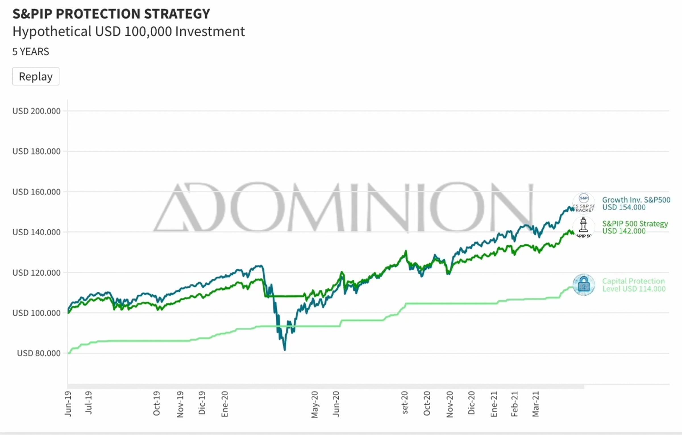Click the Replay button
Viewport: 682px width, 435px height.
[36, 76]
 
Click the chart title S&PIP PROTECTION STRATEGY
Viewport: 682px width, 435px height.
[111, 14]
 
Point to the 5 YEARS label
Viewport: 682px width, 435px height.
[31, 51]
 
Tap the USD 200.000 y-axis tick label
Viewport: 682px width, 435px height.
[36, 111]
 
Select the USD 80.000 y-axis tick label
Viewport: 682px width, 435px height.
[39, 353]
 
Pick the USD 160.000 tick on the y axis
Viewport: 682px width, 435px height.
[36, 192]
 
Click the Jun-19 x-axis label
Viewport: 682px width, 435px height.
[68, 404]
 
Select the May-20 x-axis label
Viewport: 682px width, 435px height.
[315, 404]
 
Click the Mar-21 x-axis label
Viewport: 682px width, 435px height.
[536, 404]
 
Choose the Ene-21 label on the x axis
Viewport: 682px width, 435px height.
[494, 404]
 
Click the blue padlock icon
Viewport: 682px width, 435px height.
[584, 285]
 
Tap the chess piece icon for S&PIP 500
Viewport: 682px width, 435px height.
[583, 227]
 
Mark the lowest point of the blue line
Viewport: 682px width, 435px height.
[284, 349]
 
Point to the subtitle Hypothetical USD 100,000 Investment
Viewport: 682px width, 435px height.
[128, 31]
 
